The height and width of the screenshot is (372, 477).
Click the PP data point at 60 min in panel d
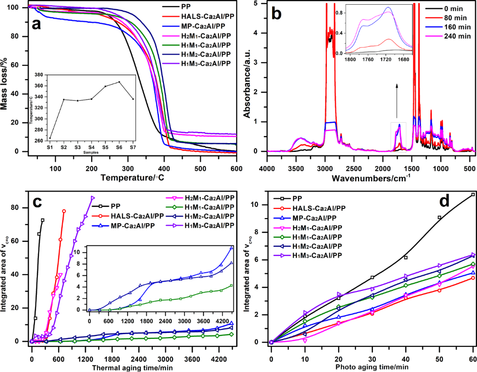(x=473, y=194)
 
